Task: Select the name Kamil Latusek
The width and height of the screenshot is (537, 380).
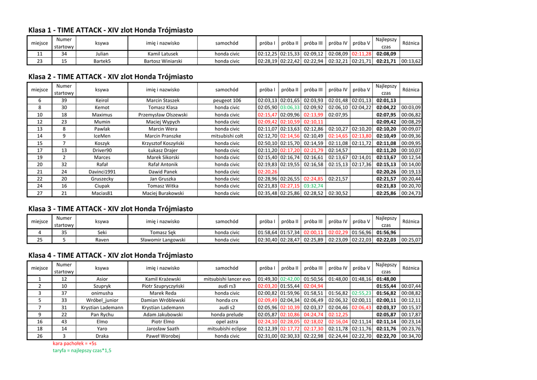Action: pos(163,54)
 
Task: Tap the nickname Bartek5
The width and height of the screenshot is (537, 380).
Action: pos(102,61)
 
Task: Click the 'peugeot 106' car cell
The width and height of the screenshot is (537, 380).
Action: pos(227,100)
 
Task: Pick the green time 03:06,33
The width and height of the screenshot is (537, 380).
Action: pos(289,108)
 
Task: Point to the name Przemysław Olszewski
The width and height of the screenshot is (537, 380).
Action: pos(163,114)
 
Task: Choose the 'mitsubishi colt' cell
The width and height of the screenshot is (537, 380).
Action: pos(227,136)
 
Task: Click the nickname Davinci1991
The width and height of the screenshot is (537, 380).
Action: pos(102,172)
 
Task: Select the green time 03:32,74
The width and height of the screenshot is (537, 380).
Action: pos(313,186)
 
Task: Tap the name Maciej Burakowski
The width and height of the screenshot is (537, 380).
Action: pos(163,193)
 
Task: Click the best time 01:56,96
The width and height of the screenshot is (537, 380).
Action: pos(386,233)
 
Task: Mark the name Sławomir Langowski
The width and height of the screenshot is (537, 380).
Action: pos(163,240)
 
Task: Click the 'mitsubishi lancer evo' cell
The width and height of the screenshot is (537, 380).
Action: pos(227,279)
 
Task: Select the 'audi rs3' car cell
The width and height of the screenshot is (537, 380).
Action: pos(227,286)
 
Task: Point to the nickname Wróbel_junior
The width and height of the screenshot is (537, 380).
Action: pos(102,300)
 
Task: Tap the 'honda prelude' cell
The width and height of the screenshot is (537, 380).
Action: pos(227,314)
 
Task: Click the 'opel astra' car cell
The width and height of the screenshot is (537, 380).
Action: pos(227,322)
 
